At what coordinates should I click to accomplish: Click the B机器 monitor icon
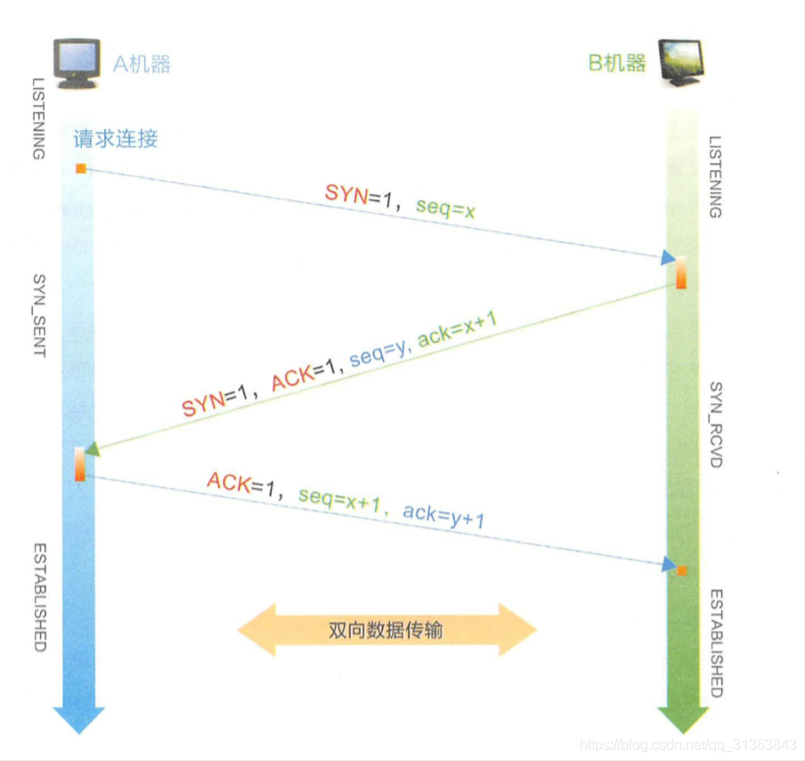pos(682,62)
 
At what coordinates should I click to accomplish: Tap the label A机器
pos(141,64)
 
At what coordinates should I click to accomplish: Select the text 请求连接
pos(117,140)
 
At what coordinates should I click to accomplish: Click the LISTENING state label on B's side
pos(715,177)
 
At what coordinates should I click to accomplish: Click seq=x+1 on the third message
pos(339,499)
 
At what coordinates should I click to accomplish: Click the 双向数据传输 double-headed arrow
pos(386,630)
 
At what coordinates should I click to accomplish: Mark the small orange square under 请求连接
pos(80,168)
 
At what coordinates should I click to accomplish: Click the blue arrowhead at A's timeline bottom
pos(79,717)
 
